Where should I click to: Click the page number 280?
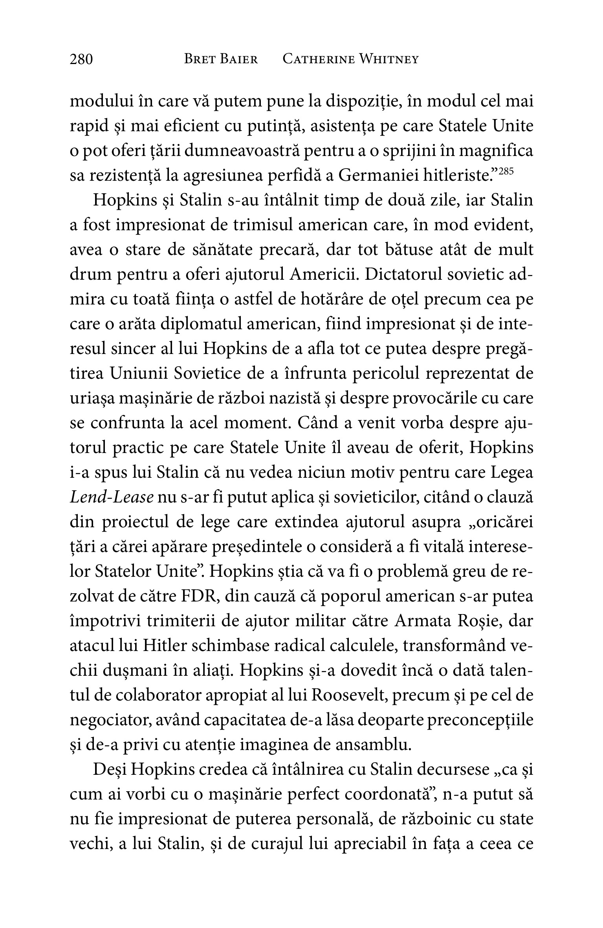[x=81, y=59]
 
